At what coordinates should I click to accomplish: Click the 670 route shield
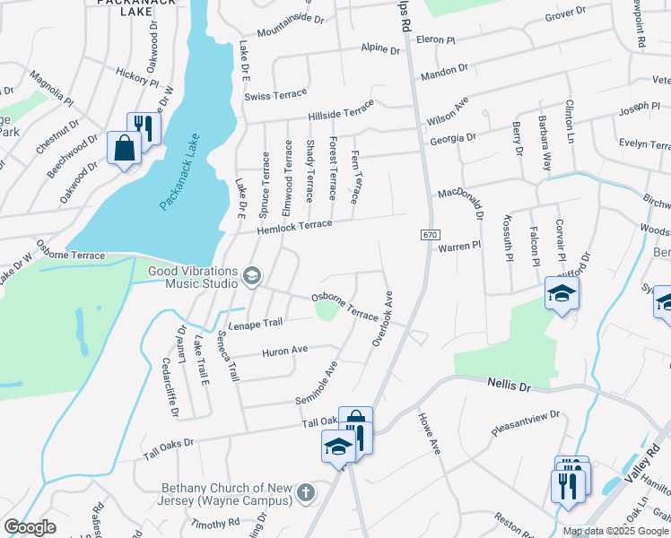[x=430, y=234]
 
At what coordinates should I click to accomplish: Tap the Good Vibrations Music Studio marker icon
[x=252, y=276]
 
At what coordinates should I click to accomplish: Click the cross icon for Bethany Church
[x=305, y=492]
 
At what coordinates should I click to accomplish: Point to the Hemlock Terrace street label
[x=294, y=225]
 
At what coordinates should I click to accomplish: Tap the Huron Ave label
[x=284, y=351]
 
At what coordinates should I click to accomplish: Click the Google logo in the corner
[x=30, y=527]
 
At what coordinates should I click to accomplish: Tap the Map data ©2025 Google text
[x=615, y=531]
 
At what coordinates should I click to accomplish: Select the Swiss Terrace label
[x=282, y=93]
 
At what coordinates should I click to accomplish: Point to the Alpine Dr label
[x=379, y=50]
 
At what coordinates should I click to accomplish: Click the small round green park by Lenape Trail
[x=325, y=310]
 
